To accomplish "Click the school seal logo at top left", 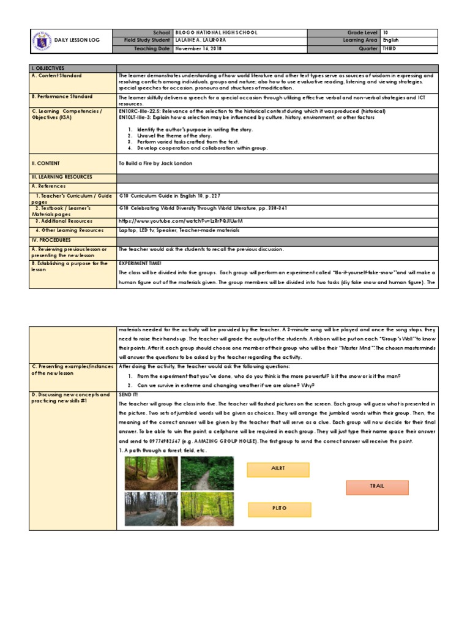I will point(40,40).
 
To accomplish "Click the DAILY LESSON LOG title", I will point(76,40).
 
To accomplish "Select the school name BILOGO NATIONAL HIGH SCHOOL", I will point(217,32).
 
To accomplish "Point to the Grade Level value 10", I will point(386,32).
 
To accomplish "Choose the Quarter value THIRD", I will point(390,48).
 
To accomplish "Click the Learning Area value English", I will point(391,40).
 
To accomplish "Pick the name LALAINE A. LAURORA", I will point(204,40).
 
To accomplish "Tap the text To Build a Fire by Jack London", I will point(155,163).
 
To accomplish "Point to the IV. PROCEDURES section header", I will point(50,240).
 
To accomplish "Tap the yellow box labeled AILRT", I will point(278,469).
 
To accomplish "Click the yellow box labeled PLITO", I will point(279,509).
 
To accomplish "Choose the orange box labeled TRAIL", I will point(376,487).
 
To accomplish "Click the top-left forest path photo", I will point(151,473).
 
